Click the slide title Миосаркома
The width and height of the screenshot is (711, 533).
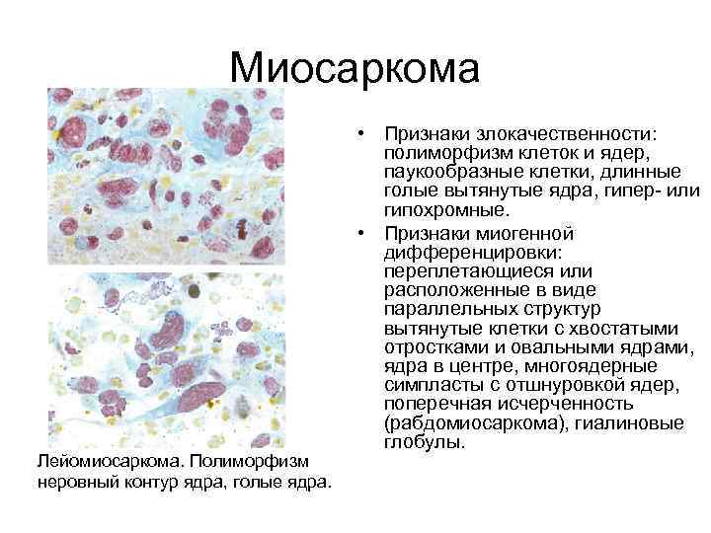(355, 68)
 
